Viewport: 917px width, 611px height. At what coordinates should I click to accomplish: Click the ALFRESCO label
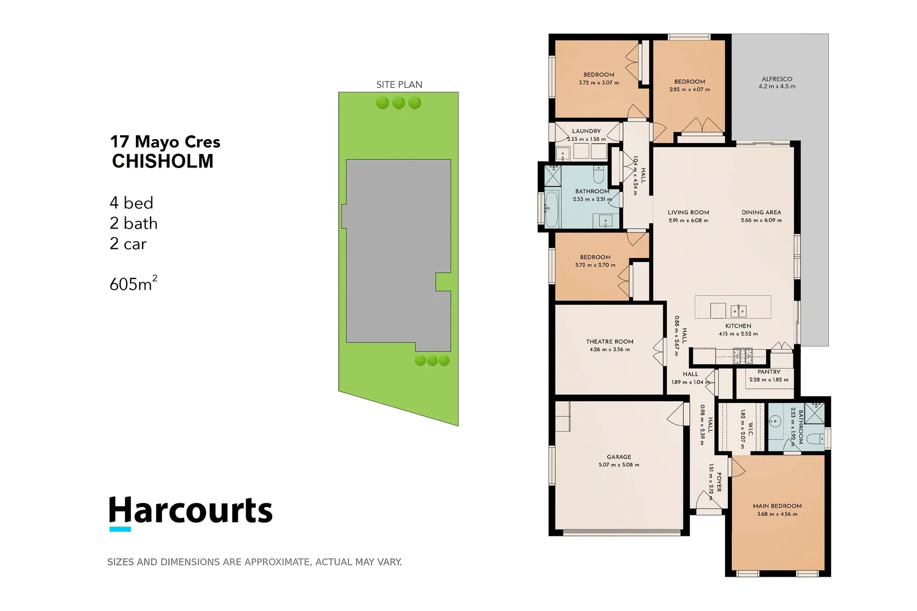[x=777, y=79]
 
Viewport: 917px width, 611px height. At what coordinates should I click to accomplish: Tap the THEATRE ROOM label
[x=610, y=342]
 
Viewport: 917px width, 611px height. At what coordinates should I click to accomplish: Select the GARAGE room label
[x=619, y=457]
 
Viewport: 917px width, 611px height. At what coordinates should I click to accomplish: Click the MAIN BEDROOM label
[x=777, y=506]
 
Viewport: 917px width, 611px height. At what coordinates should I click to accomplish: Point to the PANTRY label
[x=769, y=372]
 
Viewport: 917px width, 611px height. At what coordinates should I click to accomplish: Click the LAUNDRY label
[x=586, y=131]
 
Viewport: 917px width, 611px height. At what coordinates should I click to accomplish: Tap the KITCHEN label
[x=738, y=326]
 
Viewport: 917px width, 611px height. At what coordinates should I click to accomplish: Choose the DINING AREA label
[x=761, y=212]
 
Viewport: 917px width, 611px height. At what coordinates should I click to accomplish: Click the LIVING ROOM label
[x=688, y=212]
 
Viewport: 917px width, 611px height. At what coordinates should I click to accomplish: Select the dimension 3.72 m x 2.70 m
[x=595, y=265]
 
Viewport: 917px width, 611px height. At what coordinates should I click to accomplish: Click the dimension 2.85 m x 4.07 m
[x=689, y=89]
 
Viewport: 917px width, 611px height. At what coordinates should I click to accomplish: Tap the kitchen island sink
[x=738, y=310]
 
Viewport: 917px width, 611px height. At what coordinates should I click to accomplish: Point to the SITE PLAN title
[x=399, y=84]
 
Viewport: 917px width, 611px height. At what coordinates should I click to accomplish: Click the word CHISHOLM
[x=163, y=161]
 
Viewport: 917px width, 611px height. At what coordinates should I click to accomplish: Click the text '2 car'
[x=128, y=244]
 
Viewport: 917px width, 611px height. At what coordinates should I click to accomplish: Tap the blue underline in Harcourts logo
[x=120, y=530]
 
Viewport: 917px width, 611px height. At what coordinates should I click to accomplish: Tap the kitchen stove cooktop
[x=743, y=356]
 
